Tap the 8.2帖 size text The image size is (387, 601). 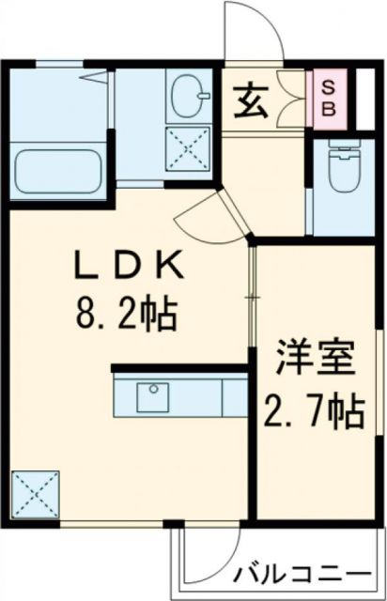128,314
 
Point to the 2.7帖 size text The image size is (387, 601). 316,410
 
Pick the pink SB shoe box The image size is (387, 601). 328,97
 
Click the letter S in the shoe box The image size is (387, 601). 328,86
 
